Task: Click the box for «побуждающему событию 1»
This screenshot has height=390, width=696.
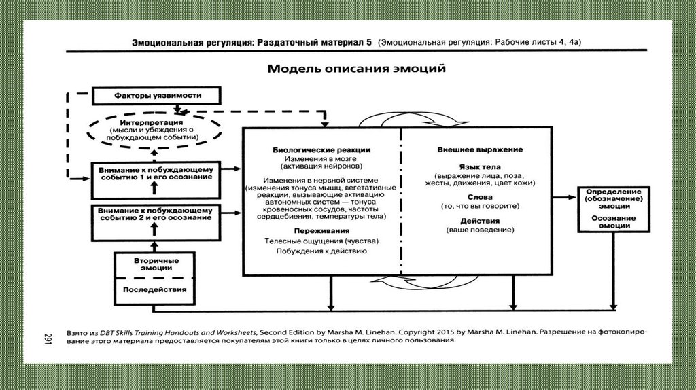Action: tap(155, 171)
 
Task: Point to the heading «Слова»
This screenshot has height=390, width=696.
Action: tap(480, 196)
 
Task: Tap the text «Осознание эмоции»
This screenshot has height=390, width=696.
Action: tap(612, 221)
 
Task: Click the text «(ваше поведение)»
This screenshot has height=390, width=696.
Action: tap(480, 231)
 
